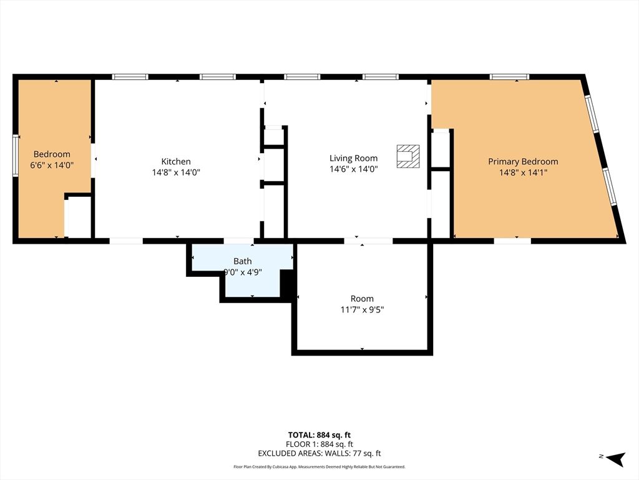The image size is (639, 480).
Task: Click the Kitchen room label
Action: [x=176, y=161]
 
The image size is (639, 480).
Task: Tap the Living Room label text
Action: [x=354, y=158]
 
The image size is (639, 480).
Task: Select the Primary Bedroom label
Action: [x=523, y=161]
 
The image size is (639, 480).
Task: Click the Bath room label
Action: [x=243, y=261]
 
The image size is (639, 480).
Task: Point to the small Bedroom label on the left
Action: [x=52, y=154]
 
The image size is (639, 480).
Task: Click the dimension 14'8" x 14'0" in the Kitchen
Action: [x=176, y=172]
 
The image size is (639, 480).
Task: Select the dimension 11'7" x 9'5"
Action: [x=362, y=309]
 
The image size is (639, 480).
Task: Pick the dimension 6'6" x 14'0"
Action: [x=52, y=165]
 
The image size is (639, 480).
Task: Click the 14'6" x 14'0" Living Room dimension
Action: [x=354, y=169]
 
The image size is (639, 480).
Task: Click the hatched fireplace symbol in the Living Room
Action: [x=408, y=156]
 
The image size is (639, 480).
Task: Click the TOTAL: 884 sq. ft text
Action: [x=319, y=435]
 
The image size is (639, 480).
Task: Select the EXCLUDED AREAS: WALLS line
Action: [x=319, y=454]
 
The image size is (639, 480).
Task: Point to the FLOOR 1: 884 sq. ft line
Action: [x=319, y=444]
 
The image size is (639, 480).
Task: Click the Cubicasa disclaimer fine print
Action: [x=319, y=467]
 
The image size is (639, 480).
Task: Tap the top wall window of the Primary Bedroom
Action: [x=509, y=77]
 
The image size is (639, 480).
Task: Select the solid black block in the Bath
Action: [x=288, y=284]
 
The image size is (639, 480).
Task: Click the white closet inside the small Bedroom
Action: [x=79, y=217]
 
